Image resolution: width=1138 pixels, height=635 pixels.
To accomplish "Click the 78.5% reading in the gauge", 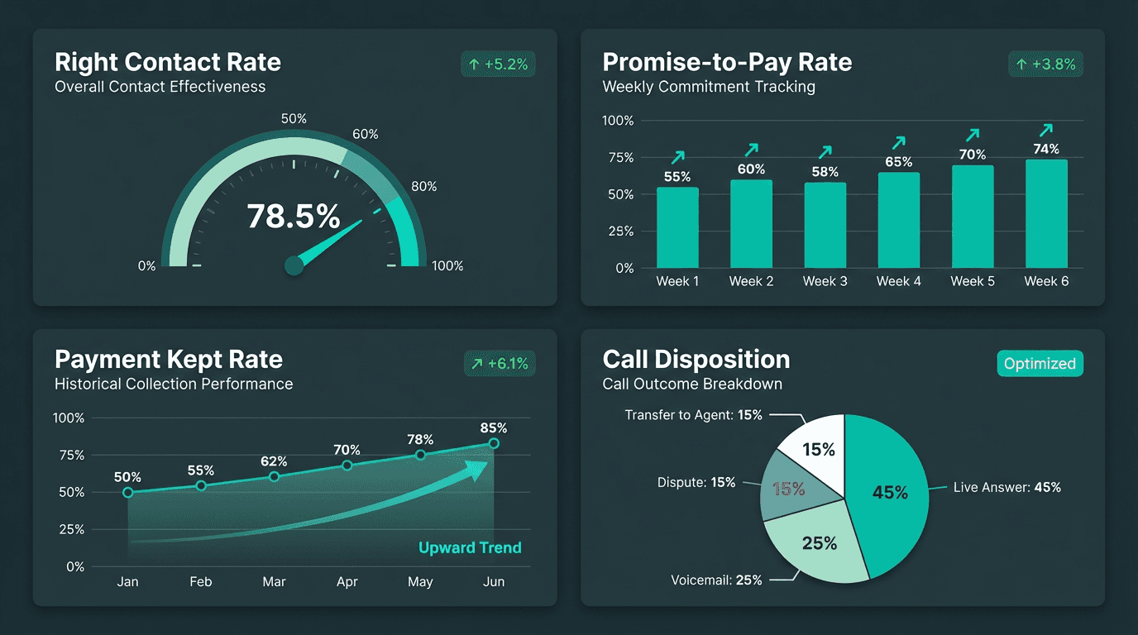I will tap(294, 217).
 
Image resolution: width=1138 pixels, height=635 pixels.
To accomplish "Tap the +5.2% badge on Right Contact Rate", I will tap(498, 64).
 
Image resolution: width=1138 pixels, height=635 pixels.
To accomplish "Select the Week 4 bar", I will tap(899, 220).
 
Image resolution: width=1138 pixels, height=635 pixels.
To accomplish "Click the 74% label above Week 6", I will tap(1046, 149).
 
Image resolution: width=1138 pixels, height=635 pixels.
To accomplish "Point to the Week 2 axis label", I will tap(751, 281).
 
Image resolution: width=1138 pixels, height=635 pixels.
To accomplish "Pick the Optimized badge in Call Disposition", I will tap(1040, 364).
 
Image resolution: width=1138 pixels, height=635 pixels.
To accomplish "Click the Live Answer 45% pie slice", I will tap(889, 492).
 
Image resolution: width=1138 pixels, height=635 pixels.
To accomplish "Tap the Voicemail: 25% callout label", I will tap(716, 580).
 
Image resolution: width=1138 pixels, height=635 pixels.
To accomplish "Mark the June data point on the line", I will tap(494, 444).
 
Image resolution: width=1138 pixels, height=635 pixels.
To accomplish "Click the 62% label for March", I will tap(274, 461).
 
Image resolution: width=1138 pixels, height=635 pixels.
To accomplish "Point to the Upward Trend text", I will tap(470, 547).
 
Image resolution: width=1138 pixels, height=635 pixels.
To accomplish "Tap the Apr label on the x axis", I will tap(347, 582).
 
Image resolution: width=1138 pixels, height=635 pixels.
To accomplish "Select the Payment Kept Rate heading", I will tap(169, 360).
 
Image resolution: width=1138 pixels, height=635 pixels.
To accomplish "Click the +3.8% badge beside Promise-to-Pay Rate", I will tap(1045, 64).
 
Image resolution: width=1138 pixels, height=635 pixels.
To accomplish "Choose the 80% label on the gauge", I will tap(423, 187).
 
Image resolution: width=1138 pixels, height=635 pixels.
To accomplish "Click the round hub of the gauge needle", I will tap(294, 265).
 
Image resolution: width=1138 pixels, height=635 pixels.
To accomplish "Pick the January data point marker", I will tap(127, 493).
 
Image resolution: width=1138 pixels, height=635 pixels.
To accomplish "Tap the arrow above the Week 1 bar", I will tap(678, 157).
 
